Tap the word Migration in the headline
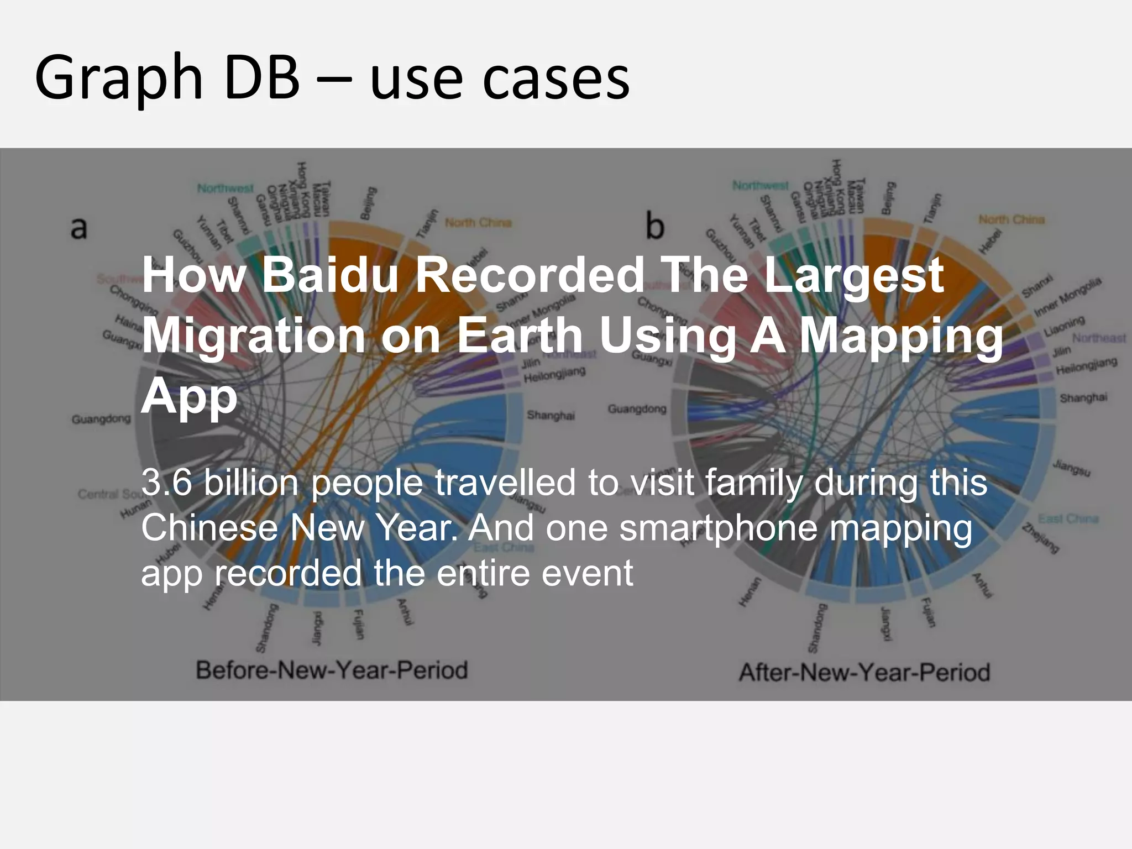pos(254,335)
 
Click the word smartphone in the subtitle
pos(718,528)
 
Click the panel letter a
pos(79,228)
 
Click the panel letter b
pos(654,227)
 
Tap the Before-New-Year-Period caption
pos(332,670)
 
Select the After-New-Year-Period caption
pos(864,673)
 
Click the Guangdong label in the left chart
pos(101,420)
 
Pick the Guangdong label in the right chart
pos(637,409)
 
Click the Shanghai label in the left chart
pos(551,415)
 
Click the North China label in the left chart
pos(478,223)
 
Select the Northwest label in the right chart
pos(761,186)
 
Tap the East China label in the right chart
pos(1068,518)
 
